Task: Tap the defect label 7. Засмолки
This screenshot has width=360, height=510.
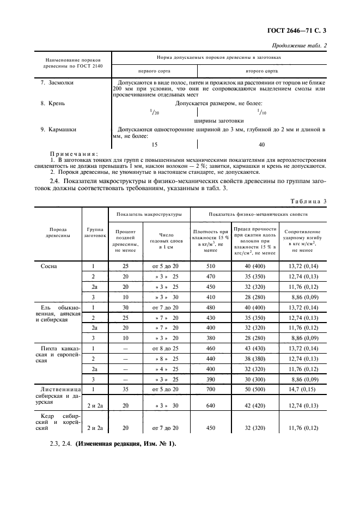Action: click(x=57, y=83)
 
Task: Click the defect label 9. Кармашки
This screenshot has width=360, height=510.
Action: click(x=59, y=130)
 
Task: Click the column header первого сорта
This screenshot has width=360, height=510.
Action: click(x=154, y=71)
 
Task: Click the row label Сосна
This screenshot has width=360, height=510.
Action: click(x=49, y=266)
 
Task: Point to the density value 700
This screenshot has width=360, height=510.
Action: click(x=210, y=391)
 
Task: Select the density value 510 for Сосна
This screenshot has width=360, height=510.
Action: click(x=210, y=266)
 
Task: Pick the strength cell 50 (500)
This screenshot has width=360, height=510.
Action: click(x=254, y=391)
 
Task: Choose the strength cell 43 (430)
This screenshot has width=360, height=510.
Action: click(x=254, y=348)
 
